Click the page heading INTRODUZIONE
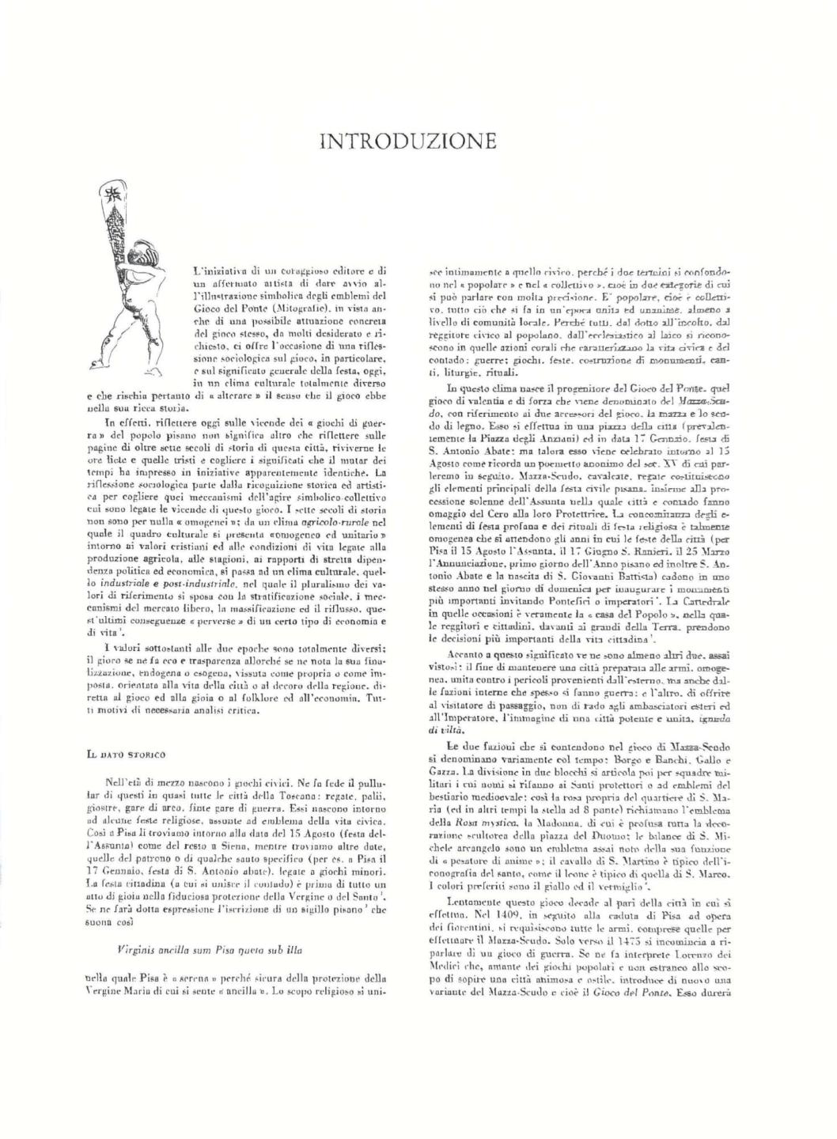(x=407, y=142)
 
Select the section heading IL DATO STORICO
(x=126, y=755)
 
